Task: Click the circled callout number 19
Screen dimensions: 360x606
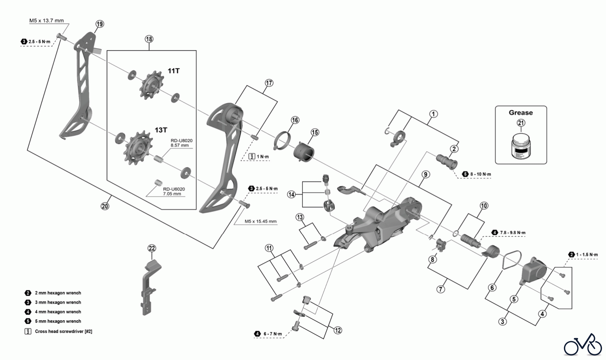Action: coord(100,24)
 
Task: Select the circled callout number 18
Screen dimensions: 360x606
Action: coord(149,39)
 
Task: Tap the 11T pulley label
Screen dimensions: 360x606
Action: coord(174,71)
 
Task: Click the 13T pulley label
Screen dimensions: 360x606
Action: coord(161,130)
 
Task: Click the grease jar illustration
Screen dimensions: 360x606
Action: coord(520,145)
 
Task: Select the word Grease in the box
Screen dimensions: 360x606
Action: coord(520,113)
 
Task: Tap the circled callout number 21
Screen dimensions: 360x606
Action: coord(521,123)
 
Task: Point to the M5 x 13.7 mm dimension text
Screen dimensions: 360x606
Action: coord(46,21)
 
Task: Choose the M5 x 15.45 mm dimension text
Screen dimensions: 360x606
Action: coord(261,221)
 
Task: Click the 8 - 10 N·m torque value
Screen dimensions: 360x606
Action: coord(481,174)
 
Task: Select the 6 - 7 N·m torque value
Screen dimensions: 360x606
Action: coord(273,334)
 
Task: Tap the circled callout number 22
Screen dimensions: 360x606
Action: coord(152,248)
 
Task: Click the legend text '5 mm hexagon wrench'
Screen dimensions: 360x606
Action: coord(58,321)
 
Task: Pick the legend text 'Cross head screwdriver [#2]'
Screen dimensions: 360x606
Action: coord(63,331)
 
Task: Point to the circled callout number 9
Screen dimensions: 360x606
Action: coord(426,174)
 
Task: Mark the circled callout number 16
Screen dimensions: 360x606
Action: coord(295,120)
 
